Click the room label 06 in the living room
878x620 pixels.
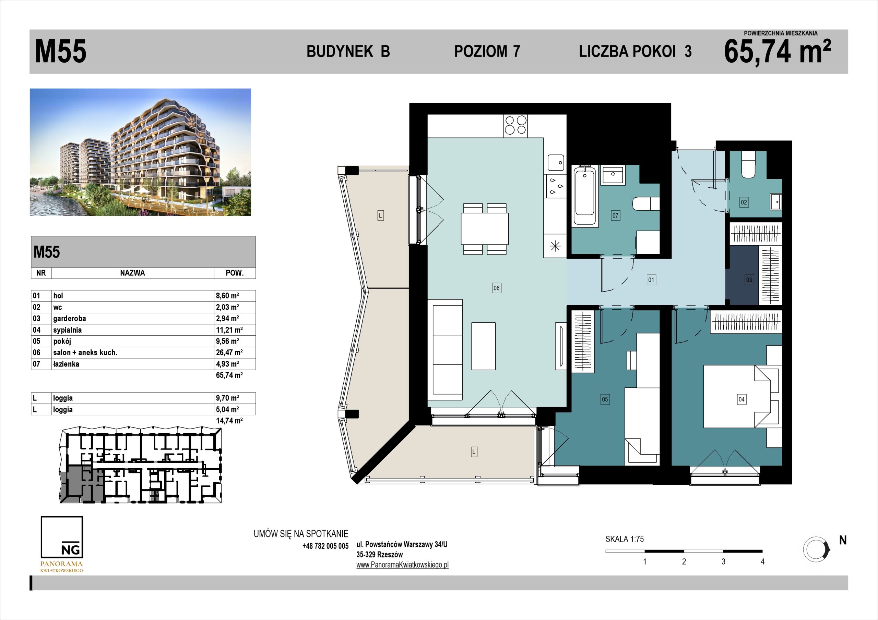click(x=496, y=288)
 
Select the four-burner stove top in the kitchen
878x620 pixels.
click(x=515, y=126)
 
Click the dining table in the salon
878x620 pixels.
click(x=485, y=229)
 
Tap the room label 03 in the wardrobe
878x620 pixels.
click(x=749, y=280)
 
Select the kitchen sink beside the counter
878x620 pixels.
click(x=556, y=163)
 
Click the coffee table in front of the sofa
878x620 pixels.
click(x=483, y=346)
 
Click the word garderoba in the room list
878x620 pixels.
click(x=70, y=319)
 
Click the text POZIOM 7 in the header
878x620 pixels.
click(x=487, y=51)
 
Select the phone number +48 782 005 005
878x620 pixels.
click(x=325, y=546)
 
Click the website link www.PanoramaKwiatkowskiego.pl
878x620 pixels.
click(x=402, y=565)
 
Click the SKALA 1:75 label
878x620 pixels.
click(x=625, y=539)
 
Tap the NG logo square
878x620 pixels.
click(x=62, y=537)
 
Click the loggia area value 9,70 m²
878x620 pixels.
click(x=227, y=398)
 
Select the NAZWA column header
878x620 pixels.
click(x=132, y=273)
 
